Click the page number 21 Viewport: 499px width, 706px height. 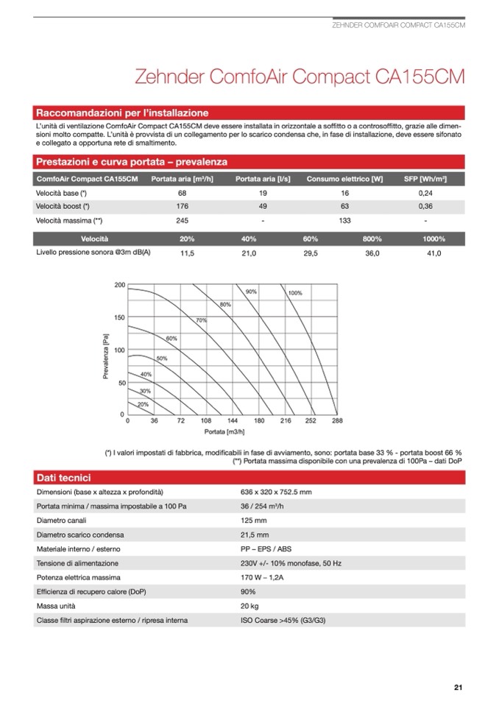pyautogui.click(x=458, y=688)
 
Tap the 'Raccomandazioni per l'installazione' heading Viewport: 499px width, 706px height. pyautogui.click(x=121, y=113)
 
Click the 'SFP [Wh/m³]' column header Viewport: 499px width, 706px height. pyautogui.click(x=425, y=179)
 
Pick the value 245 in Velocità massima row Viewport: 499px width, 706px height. pyautogui.click(x=183, y=220)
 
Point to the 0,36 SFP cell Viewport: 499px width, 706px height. pyautogui.click(x=425, y=206)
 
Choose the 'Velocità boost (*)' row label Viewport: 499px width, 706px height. pyautogui.click(x=63, y=206)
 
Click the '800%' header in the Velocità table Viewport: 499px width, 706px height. pyautogui.click(x=372, y=239)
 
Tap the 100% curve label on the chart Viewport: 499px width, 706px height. pyautogui.click(x=295, y=294)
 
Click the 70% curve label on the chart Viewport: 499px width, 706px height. pyautogui.click(x=201, y=320)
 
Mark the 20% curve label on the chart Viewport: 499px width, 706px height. pyautogui.click(x=143, y=404)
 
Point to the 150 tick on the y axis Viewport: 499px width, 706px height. pyautogui.click(x=119, y=317)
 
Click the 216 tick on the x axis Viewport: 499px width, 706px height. pyautogui.click(x=285, y=421)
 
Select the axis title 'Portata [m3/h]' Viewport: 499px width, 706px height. pyautogui.click(x=224, y=431)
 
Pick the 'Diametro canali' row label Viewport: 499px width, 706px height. pyautogui.click(x=63, y=520)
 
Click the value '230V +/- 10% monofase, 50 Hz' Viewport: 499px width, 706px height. pyautogui.click(x=291, y=563)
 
